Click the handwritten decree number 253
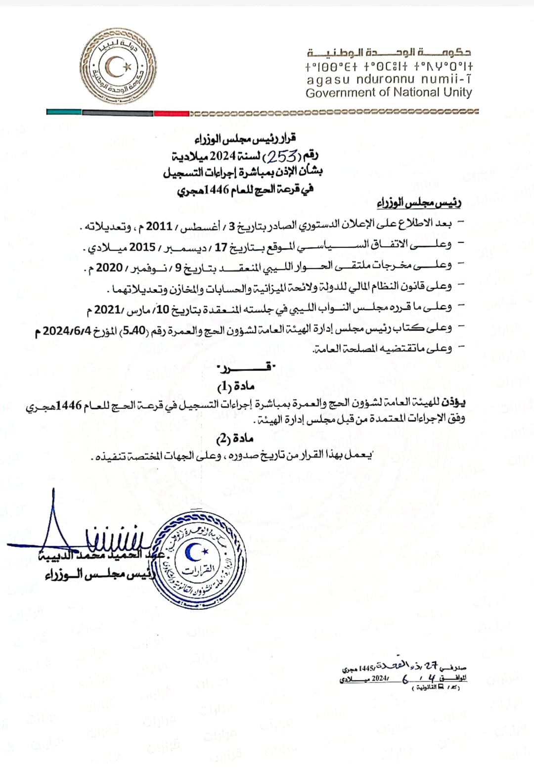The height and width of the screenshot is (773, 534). [282, 157]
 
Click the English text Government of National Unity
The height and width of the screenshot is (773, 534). [389, 92]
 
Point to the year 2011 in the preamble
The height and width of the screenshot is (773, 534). [159, 226]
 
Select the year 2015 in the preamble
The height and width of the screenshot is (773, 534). [142, 247]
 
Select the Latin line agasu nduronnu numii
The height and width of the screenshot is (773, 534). [389, 79]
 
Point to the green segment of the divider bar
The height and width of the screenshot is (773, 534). [64, 112]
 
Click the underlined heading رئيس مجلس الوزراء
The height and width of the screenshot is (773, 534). [419, 203]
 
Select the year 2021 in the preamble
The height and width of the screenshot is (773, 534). [108, 310]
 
